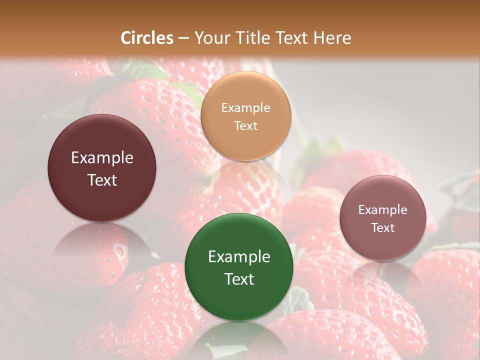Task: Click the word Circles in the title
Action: click(x=146, y=38)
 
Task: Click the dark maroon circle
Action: click(x=102, y=168)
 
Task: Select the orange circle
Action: click(x=245, y=116)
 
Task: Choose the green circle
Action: click(x=239, y=267)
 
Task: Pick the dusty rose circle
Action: click(x=382, y=218)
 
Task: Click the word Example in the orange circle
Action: click(x=245, y=108)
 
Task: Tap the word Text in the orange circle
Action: click(x=245, y=125)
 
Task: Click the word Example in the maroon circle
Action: click(x=102, y=158)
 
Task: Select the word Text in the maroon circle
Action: click(x=102, y=180)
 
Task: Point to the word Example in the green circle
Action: click(x=239, y=257)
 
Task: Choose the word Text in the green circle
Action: click(x=239, y=279)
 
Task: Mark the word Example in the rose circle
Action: click(x=382, y=210)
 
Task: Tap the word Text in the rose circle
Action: click(x=382, y=228)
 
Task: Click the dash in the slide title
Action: click(x=183, y=38)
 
